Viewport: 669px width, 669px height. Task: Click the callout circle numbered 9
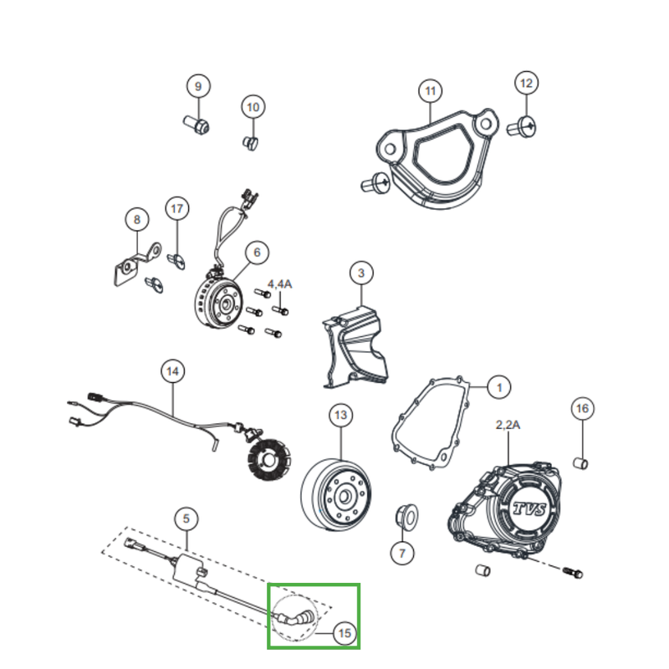pos(198,86)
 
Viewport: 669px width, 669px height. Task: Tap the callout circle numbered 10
pos(253,107)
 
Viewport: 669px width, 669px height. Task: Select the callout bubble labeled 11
pos(430,90)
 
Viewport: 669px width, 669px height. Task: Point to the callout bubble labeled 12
pos(526,84)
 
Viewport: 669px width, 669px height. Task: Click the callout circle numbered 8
pos(136,220)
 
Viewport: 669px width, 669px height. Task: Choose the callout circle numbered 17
pos(176,208)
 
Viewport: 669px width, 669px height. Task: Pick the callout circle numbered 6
pos(257,252)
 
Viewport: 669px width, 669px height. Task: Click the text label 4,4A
pos(279,285)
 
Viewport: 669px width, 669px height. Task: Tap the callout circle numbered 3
pos(361,273)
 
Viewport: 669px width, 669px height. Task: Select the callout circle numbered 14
pos(172,370)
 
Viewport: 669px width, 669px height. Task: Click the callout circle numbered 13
pos(340,415)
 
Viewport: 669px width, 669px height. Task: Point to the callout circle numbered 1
pos(498,387)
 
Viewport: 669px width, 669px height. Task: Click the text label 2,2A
pos(508,425)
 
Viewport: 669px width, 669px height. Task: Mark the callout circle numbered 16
pos(583,408)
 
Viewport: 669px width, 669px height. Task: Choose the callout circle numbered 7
pos(402,553)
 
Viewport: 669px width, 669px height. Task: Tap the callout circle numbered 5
pos(186,519)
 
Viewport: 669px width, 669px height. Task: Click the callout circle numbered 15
pos(344,633)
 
